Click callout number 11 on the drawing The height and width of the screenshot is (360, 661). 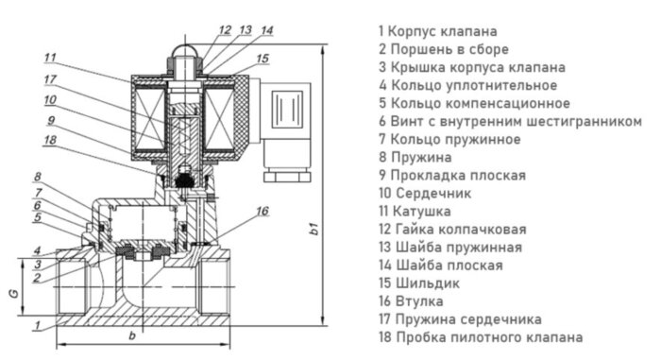[49, 55]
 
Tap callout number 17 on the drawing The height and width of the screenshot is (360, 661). [49, 79]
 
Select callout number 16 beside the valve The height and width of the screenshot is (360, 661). [263, 210]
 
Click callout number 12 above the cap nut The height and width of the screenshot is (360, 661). [224, 29]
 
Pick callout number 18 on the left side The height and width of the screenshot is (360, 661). [49, 140]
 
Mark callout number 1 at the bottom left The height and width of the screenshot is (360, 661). [36, 326]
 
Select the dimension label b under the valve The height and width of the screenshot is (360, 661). [132, 336]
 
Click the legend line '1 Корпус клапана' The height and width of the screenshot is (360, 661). [437, 31]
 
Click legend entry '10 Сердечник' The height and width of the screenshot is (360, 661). [425, 193]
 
